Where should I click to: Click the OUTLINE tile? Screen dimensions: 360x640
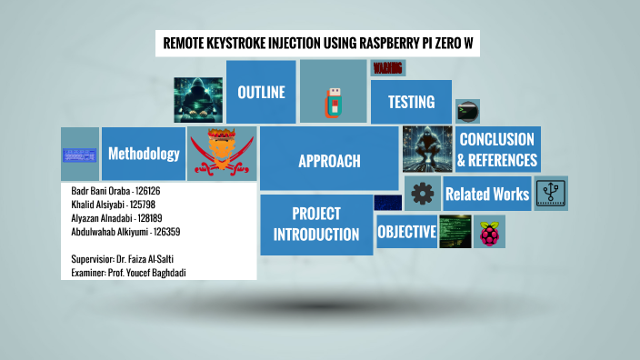261,92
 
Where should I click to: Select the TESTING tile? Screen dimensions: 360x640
411,102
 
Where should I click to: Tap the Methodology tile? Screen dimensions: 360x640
144,154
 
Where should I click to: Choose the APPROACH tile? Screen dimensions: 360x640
329,161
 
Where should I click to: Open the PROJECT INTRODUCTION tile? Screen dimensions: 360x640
316,225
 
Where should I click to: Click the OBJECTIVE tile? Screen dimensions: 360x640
406,232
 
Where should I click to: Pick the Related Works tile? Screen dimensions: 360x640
486,194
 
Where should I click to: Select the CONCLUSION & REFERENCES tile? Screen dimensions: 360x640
497,150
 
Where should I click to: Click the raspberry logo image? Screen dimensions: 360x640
489,233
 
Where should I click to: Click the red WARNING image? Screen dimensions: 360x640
388,68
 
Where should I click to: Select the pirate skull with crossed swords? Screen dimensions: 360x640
222,153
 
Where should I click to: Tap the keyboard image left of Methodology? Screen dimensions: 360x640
80,154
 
